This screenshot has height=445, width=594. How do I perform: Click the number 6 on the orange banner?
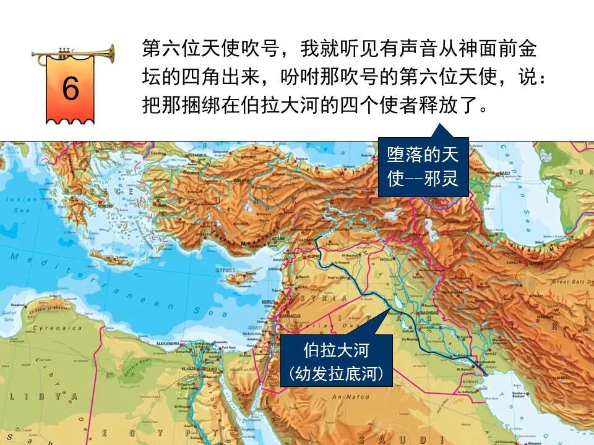(71, 89)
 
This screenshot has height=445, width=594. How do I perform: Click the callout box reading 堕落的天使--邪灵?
(423, 166)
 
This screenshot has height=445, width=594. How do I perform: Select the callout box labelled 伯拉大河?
(336, 362)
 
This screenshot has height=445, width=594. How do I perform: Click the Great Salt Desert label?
(570, 282)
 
